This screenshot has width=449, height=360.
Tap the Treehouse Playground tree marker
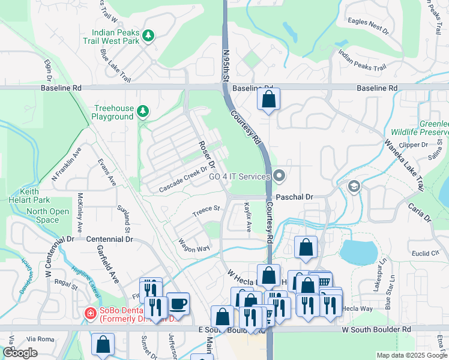pos(142,111)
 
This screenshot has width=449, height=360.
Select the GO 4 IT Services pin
pos(279,176)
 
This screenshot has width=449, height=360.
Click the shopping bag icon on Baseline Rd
pos(268,99)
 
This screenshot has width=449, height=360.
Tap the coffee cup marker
pos(178,303)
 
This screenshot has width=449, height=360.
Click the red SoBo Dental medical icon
pos(89,313)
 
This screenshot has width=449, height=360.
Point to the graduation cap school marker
pos(354,187)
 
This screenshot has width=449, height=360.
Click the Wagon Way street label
pos(194,245)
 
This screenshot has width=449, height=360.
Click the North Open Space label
pos(47,215)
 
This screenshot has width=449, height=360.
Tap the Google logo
pos(20,352)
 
